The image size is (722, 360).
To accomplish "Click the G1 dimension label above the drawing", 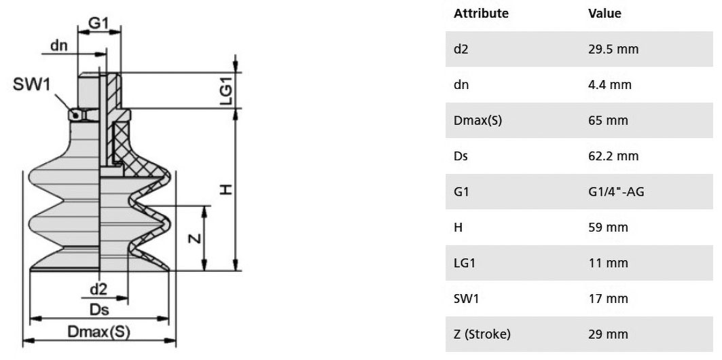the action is (98, 23).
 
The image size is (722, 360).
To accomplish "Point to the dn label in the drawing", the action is (59, 45).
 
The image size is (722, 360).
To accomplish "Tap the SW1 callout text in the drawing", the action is (31, 85).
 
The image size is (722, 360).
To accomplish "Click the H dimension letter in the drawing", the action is (225, 190).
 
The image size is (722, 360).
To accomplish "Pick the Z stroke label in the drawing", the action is (195, 238).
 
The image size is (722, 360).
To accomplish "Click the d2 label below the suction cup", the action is (98, 289).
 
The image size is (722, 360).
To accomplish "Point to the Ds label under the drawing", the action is (99, 310).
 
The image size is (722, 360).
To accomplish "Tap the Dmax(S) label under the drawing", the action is (99, 331).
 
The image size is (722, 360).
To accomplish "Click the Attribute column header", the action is (481, 14).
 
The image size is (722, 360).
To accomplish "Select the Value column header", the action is (604, 14).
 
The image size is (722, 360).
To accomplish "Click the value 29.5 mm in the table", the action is (613, 50).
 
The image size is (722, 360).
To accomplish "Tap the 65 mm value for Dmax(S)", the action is (608, 121).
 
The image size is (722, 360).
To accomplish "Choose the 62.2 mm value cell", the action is (613, 156).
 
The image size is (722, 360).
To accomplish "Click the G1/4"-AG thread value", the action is (616, 192).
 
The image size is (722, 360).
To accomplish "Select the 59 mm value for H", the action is (608, 228).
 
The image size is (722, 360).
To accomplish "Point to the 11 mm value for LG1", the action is (608, 263).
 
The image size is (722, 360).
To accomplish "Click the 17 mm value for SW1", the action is (608, 299).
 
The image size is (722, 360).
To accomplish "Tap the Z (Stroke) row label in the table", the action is (482, 334).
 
